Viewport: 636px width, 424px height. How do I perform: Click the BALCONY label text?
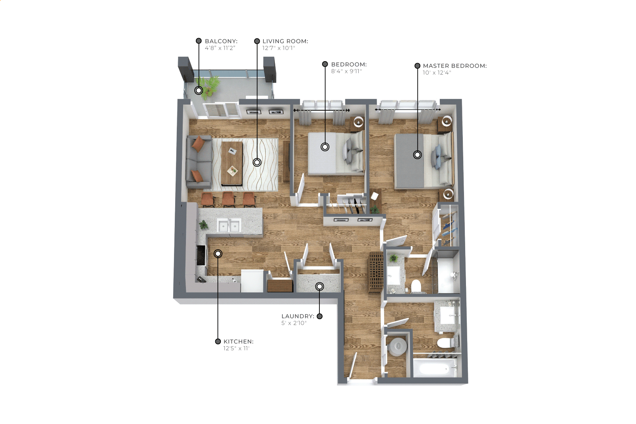pyautogui.click(x=221, y=41)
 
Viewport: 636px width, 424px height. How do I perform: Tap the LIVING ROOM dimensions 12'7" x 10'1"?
pyautogui.click(x=278, y=48)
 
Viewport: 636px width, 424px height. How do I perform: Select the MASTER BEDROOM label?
pyautogui.click(x=455, y=66)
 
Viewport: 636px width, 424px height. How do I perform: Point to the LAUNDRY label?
pyautogui.click(x=298, y=316)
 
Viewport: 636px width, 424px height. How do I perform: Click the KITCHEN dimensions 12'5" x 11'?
pyautogui.click(x=236, y=348)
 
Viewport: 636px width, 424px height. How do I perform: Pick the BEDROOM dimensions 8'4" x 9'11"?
pyautogui.click(x=346, y=71)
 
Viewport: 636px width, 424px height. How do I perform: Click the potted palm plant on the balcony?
pyautogui.click(x=209, y=87)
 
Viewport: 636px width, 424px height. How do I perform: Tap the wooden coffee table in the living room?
pyautogui.click(x=232, y=164)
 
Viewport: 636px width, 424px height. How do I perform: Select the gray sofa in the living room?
pyautogui.click(x=199, y=162)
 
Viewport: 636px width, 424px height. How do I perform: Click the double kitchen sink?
pyautogui.click(x=229, y=225)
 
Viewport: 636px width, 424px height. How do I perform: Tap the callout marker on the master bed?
pyautogui.click(x=418, y=155)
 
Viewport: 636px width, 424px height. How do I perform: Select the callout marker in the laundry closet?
pyautogui.click(x=320, y=287)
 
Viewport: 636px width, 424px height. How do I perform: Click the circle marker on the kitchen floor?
pyautogui.click(x=218, y=253)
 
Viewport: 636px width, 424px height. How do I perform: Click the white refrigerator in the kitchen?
pyautogui.click(x=252, y=281)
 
